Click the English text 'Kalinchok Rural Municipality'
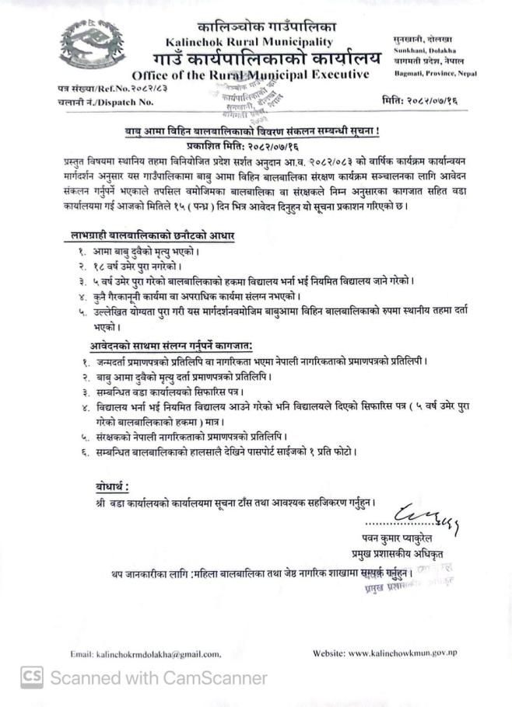pyautogui.click(x=249, y=42)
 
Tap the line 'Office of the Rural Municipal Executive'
pyautogui.click(x=250, y=75)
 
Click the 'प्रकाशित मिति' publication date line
pyautogui.click(x=253, y=145)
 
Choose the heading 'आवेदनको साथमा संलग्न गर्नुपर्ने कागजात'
pyautogui.click(x=174, y=346)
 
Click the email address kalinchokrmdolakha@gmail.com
pyautogui.click(x=146, y=654)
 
